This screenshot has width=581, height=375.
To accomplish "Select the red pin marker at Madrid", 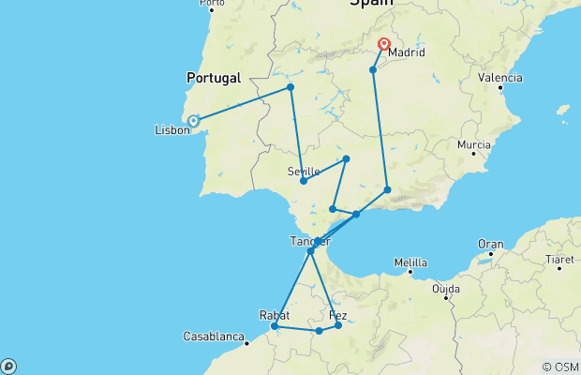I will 384,44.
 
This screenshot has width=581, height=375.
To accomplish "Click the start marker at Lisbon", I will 193,121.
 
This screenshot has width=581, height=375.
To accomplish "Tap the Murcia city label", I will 474,145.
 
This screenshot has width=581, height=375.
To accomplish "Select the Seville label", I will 304,171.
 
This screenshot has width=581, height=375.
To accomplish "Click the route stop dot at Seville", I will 304,181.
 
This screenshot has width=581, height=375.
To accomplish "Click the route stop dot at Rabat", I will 274,326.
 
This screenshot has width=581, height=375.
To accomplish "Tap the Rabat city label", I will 275,315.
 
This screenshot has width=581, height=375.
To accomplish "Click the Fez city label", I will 338,316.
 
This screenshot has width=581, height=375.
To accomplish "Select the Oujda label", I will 446,290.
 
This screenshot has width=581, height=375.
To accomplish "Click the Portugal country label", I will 214,78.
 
